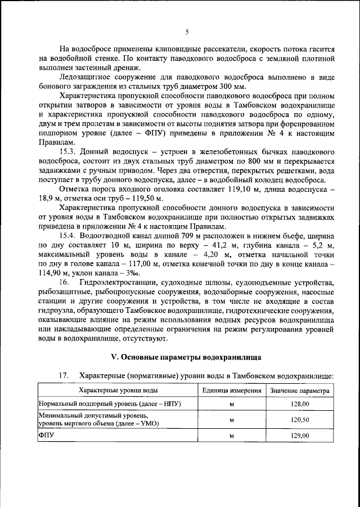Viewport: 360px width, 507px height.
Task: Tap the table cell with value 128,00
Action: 300,404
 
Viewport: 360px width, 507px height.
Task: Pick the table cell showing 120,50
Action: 300,419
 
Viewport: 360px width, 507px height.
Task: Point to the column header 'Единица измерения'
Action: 231,390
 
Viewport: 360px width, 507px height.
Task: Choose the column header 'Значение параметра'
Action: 300,390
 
